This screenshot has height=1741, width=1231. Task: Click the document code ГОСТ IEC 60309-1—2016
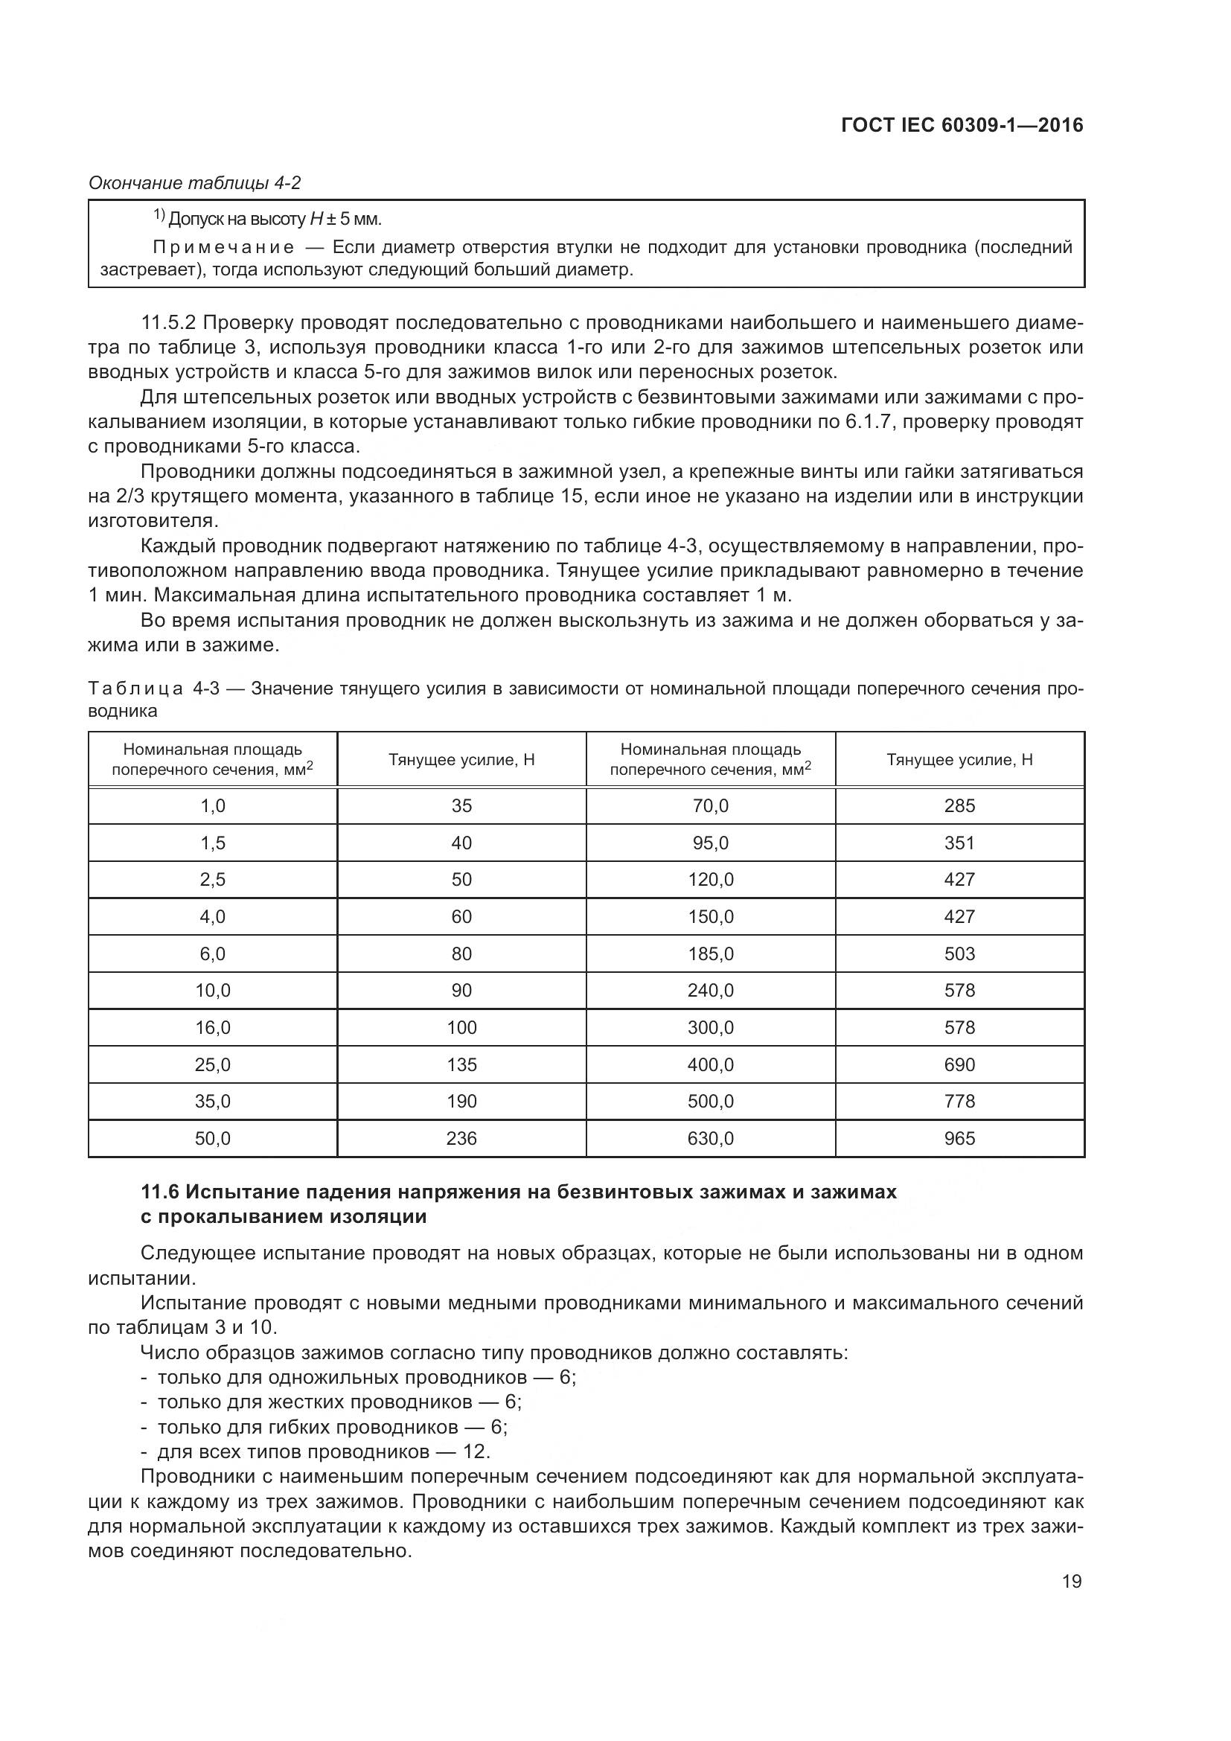pos(962,126)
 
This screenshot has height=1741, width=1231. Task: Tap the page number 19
pos(1072,1582)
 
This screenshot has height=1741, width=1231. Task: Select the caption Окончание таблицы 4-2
pos(195,183)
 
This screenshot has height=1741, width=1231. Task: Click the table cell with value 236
pos(461,1138)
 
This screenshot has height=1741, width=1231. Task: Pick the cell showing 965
pos(959,1138)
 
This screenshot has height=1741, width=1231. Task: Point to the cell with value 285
pos(959,805)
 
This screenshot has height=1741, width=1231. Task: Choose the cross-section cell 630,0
pos(710,1138)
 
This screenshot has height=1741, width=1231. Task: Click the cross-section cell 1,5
pos(212,843)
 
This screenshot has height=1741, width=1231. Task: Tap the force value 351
pos(959,843)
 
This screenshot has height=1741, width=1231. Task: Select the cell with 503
pos(959,953)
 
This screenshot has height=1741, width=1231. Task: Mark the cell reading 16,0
pos(212,1027)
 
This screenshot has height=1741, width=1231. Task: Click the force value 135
pos(461,1064)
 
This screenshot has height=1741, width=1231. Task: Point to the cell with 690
pos(959,1064)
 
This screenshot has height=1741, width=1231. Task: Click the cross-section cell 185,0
pos(710,953)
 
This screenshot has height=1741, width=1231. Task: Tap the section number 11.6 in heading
pos(159,1192)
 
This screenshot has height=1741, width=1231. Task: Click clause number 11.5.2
pos(168,323)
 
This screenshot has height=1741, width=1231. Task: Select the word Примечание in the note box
pos(223,247)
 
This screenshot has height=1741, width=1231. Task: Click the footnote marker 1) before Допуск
pos(159,216)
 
